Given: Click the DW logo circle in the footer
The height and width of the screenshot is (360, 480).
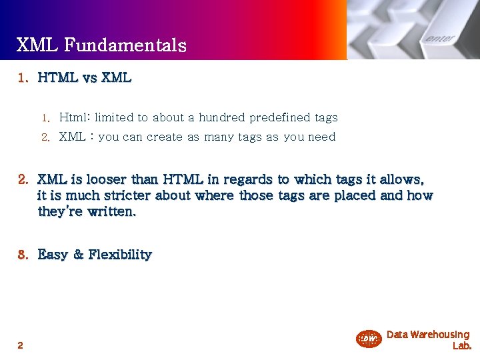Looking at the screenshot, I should [x=369, y=339].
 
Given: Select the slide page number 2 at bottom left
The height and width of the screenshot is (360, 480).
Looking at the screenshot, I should [x=20, y=345].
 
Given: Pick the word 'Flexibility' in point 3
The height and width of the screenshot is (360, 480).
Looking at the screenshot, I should [x=121, y=255].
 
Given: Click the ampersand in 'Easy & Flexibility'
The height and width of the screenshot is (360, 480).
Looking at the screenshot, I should [x=78, y=255].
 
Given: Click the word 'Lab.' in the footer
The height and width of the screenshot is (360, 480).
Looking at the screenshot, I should [x=462, y=346].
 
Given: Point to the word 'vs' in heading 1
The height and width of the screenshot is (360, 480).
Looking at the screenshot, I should [x=89, y=78].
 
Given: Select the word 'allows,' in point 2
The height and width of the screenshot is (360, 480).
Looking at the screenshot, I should [x=402, y=179].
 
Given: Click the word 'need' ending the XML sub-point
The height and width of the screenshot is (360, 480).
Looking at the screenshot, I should [x=322, y=137].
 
